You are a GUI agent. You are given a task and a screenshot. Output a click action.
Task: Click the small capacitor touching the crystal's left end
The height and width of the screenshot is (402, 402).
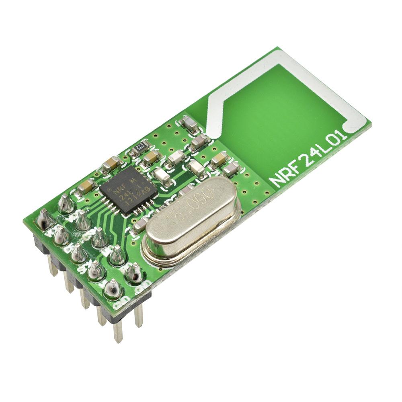140,226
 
